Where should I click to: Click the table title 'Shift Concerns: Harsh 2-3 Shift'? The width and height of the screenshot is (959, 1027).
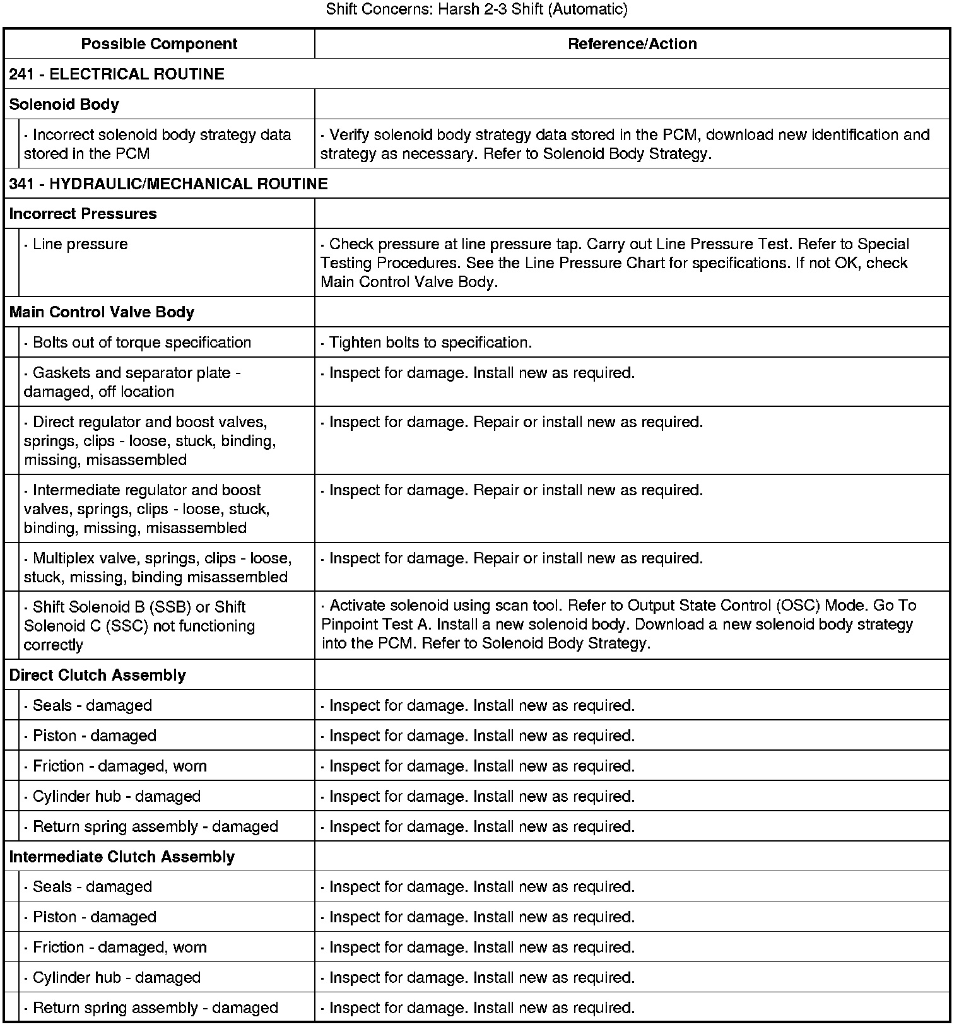click(x=477, y=9)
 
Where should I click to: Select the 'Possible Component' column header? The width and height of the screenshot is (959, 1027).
click(x=159, y=44)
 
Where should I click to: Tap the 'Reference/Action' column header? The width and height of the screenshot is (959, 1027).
click(x=632, y=44)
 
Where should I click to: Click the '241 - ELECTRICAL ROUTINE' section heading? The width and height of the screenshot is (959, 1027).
click(x=117, y=74)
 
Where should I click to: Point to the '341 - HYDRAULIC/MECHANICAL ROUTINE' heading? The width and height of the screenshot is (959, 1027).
click(x=168, y=184)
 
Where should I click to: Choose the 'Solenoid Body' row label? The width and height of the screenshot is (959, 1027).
click(x=64, y=104)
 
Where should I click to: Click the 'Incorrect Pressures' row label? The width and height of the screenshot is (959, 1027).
click(x=83, y=214)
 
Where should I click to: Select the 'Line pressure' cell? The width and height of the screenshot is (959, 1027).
click(x=80, y=244)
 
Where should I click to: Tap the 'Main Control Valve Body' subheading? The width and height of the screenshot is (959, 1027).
click(x=102, y=312)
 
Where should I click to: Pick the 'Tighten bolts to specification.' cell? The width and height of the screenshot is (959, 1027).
click(x=430, y=343)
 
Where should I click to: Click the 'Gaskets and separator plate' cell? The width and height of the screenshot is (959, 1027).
click(x=132, y=382)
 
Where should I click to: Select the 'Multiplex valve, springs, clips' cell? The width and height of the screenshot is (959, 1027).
click(x=158, y=567)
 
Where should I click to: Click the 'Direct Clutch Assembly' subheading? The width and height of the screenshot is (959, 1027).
click(x=98, y=675)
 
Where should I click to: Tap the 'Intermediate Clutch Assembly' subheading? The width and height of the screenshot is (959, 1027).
click(x=122, y=857)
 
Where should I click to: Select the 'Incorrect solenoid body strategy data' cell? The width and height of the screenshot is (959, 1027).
click(x=158, y=144)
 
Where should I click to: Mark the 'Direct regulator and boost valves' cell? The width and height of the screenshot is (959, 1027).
click(x=150, y=440)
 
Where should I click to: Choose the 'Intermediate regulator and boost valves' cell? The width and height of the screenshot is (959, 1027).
click(x=147, y=508)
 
